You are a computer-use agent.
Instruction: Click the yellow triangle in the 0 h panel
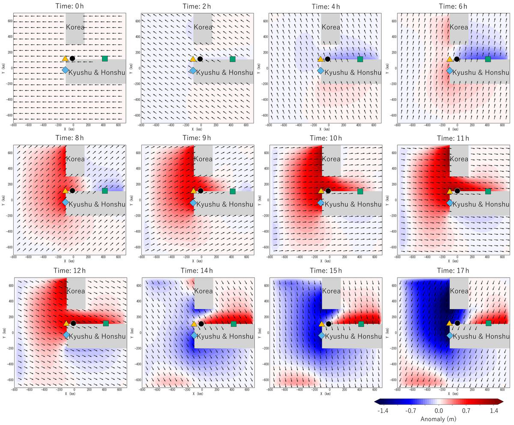[65, 59]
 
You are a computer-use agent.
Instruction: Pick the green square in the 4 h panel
[360, 59]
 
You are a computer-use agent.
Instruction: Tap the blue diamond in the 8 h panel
[65, 202]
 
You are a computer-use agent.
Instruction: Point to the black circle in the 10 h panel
[328, 191]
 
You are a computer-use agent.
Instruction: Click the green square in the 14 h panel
[233, 324]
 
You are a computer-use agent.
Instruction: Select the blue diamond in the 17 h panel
[450, 335]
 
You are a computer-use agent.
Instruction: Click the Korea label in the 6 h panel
[459, 27]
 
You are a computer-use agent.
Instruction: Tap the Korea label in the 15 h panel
[331, 291]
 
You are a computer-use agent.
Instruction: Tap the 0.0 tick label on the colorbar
[439, 410]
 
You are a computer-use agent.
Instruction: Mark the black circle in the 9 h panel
[200, 191]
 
